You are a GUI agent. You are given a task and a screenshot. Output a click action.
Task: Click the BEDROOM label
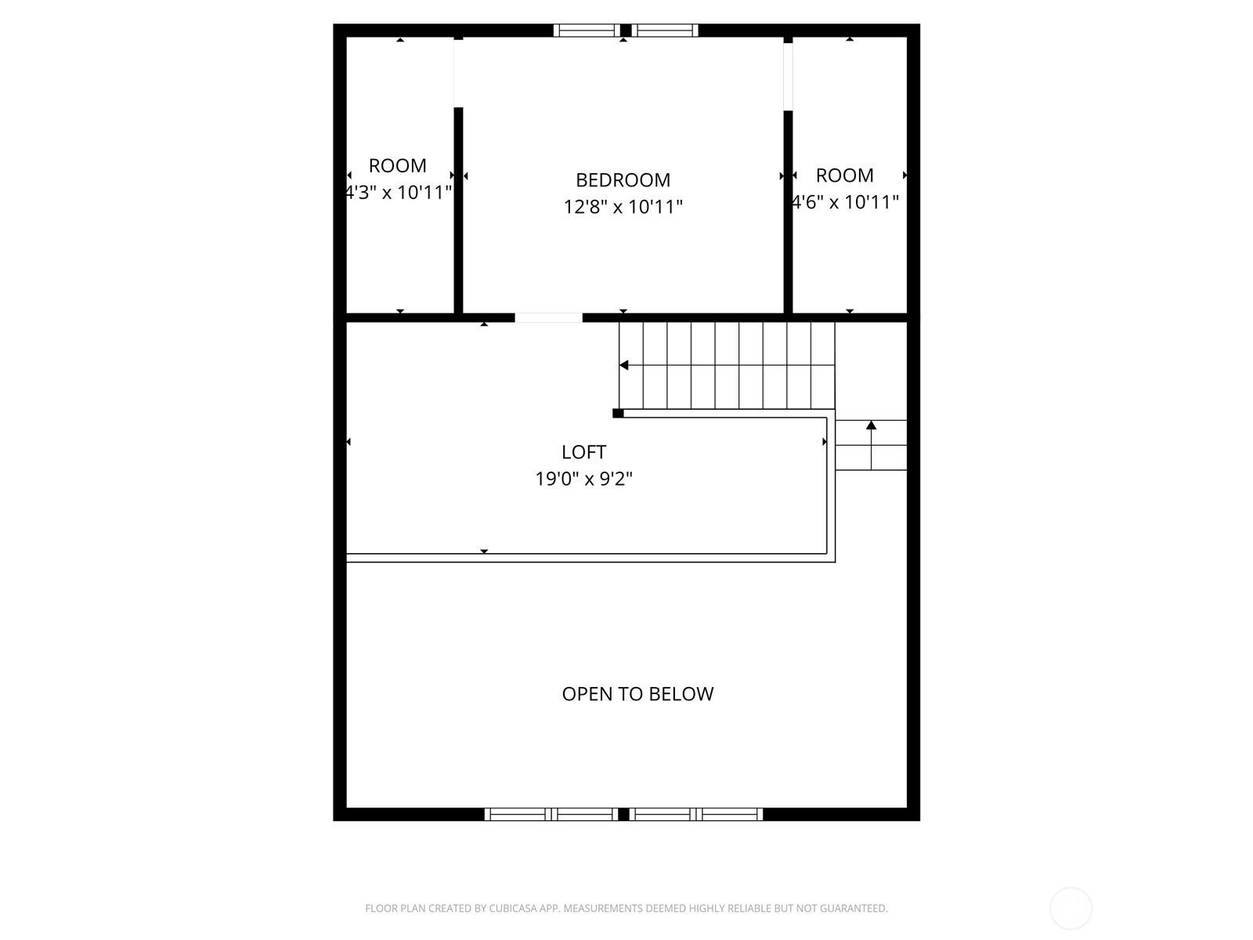click(x=623, y=180)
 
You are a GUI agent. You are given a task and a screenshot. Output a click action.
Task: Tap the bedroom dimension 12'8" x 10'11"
click(x=623, y=206)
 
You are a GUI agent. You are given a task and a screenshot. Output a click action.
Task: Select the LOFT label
click(x=583, y=452)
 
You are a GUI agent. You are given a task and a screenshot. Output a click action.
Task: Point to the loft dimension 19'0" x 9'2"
click(x=583, y=479)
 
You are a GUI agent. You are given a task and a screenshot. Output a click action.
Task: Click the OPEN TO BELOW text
click(x=637, y=694)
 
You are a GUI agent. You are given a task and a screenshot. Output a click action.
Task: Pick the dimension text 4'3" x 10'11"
click(x=399, y=193)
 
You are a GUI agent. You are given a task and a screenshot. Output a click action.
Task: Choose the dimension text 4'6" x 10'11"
click(x=845, y=202)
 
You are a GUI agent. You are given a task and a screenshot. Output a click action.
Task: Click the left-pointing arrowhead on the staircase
click(x=624, y=365)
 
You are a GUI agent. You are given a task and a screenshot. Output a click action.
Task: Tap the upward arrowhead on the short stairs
click(x=871, y=425)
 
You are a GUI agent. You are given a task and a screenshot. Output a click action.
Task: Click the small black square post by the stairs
click(x=618, y=414)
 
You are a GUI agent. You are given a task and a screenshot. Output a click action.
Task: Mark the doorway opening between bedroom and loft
click(x=549, y=318)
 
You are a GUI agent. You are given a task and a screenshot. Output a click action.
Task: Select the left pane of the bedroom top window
click(x=587, y=31)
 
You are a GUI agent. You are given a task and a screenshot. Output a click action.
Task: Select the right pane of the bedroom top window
click(x=665, y=31)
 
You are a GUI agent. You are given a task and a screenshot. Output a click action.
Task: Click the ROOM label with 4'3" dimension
click(x=398, y=165)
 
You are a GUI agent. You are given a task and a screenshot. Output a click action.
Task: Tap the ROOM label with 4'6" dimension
click(x=845, y=175)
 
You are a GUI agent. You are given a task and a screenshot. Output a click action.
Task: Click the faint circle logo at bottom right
click(x=1071, y=909)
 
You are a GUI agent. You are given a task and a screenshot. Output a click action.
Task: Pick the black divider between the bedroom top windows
click(x=626, y=31)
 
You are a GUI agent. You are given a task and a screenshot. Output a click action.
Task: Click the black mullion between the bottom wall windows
click(x=624, y=815)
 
